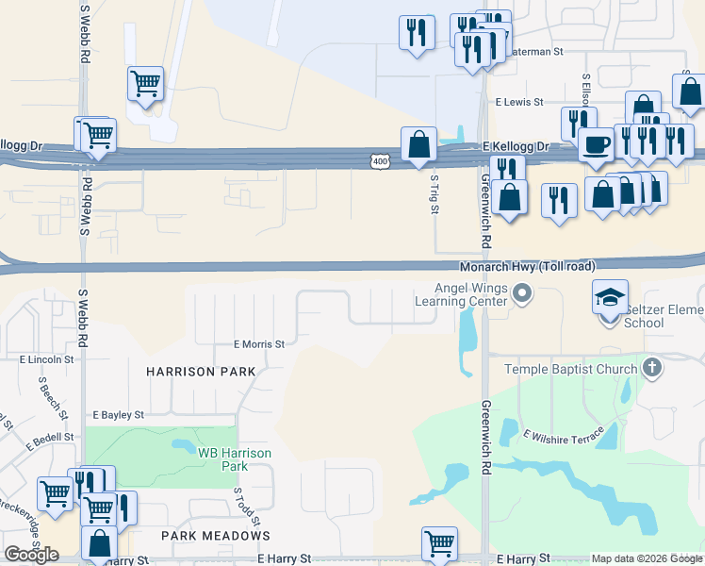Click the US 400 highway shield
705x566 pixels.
click(x=379, y=162)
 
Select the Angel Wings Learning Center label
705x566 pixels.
click(x=463, y=295)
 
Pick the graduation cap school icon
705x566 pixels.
click(x=610, y=296)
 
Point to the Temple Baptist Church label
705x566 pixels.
click(x=571, y=369)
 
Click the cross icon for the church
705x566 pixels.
click(x=651, y=367)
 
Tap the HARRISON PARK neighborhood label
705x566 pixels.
click(x=201, y=372)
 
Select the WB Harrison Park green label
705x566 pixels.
click(x=235, y=459)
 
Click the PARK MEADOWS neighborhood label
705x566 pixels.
click(x=215, y=536)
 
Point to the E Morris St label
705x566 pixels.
click(x=258, y=344)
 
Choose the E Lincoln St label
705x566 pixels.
click(x=46, y=359)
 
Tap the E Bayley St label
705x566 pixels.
click(x=118, y=414)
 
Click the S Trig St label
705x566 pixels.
click(x=434, y=193)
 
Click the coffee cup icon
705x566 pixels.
click(x=596, y=144)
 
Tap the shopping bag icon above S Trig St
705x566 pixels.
click(x=418, y=145)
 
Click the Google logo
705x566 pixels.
click(x=31, y=555)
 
